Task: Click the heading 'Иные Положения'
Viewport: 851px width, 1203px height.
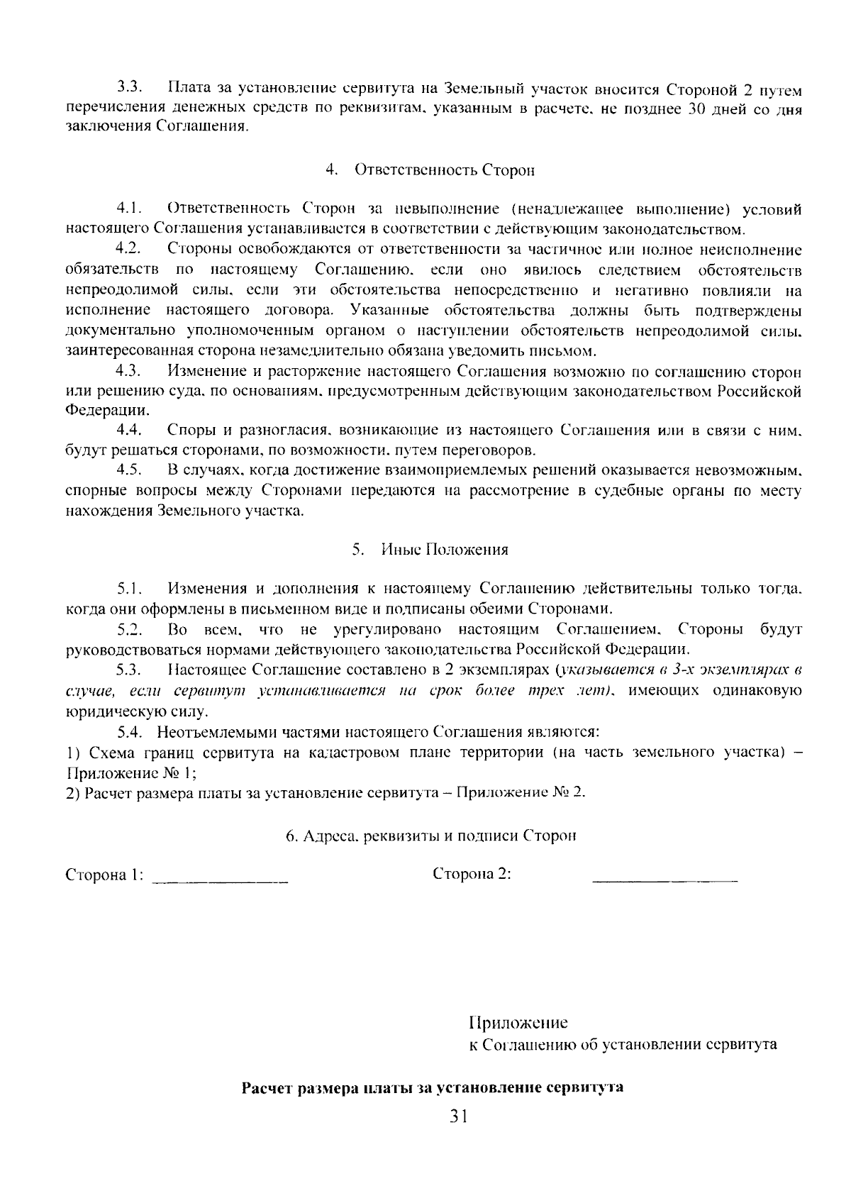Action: pyautogui.click(x=445, y=550)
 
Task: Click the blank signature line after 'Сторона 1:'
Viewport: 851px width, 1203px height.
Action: pyautogui.click(x=221, y=880)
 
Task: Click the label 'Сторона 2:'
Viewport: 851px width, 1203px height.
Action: pyautogui.click(x=472, y=874)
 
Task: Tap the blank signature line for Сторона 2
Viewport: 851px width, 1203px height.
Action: pyautogui.click(x=664, y=880)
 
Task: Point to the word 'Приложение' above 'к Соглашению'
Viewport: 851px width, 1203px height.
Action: pyautogui.click(x=518, y=1023)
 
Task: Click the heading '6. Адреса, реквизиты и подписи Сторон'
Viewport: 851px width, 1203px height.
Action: pyautogui.click(x=431, y=836)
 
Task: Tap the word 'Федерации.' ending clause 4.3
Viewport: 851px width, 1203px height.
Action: pyautogui.click(x=108, y=411)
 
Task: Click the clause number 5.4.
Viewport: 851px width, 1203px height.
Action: pyautogui.click(x=130, y=732)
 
